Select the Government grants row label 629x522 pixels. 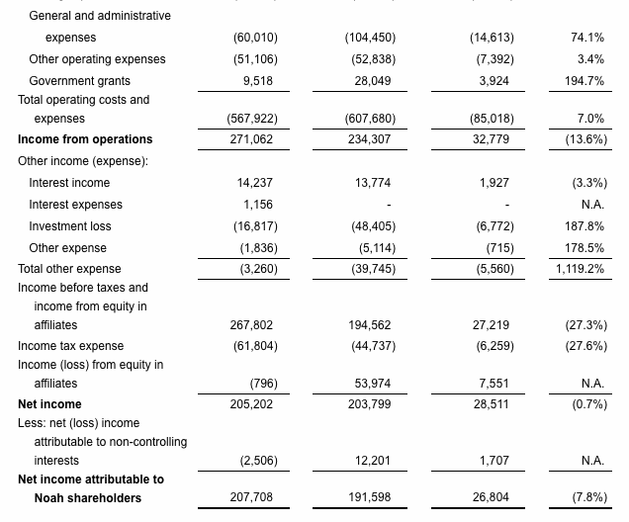(79, 81)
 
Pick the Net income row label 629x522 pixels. (49, 403)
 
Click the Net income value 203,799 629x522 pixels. (370, 403)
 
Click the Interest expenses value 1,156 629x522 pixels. (258, 205)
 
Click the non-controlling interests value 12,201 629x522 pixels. (374, 460)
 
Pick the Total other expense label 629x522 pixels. (69, 268)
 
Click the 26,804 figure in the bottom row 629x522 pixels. (492, 497)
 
